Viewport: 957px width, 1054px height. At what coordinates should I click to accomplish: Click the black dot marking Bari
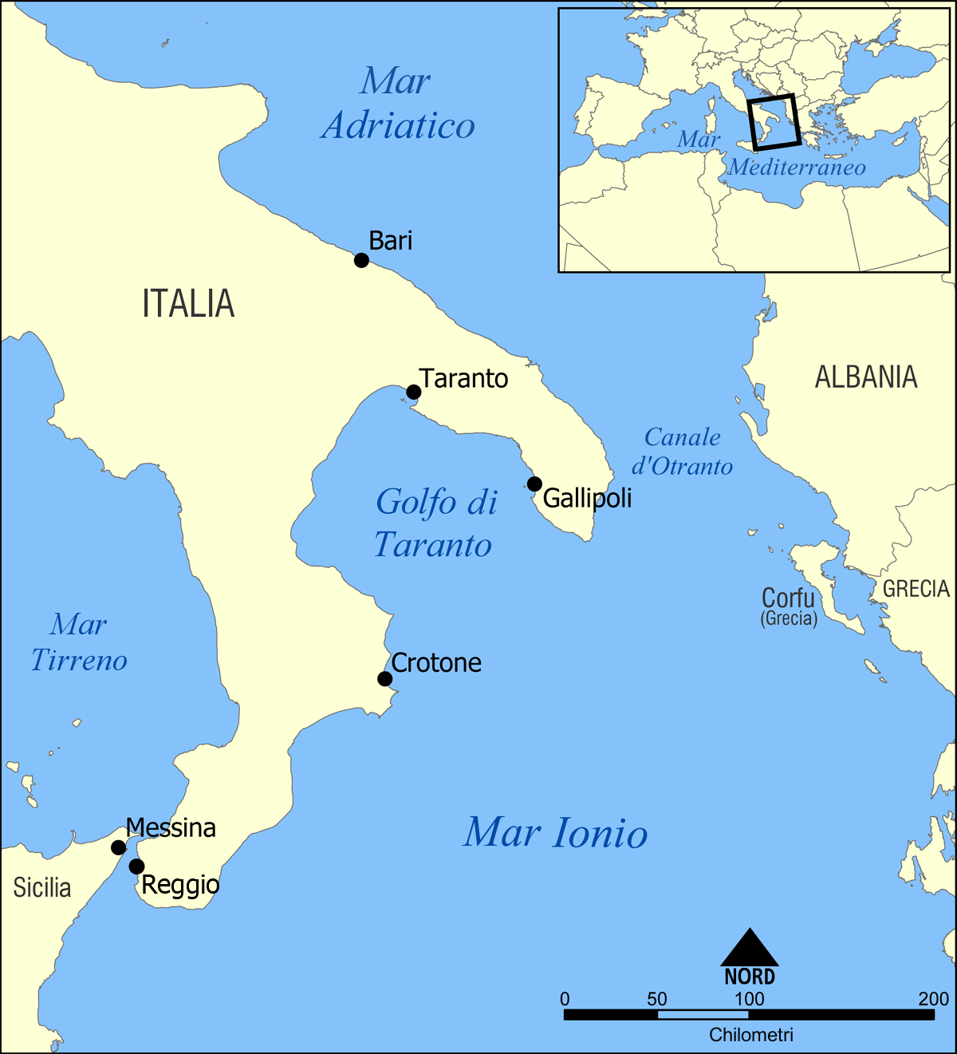361,260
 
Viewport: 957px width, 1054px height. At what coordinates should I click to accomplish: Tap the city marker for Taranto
413,392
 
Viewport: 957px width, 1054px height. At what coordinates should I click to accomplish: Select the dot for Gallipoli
534,484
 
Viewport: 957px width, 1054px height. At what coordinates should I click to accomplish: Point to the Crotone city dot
384,679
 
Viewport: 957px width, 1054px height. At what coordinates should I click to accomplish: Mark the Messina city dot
118,847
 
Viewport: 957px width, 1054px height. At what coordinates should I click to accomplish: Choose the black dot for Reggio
136,866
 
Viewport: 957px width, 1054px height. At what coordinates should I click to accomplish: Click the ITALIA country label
188,304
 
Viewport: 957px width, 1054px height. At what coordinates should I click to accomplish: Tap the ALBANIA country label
866,377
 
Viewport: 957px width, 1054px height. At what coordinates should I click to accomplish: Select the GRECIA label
916,589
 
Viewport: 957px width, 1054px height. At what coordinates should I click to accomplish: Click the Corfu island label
788,598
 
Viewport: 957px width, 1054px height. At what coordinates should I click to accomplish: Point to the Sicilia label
42,887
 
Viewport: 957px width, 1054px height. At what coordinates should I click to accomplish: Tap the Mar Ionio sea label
556,833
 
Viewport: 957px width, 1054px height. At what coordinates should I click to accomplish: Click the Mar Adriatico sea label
398,104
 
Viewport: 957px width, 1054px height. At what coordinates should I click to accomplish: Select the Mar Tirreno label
79,642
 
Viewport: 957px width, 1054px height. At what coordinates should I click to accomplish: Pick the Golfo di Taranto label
435,523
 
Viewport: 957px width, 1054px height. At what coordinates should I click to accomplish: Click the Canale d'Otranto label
682,452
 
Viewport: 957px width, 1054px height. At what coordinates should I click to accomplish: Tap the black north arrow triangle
750,949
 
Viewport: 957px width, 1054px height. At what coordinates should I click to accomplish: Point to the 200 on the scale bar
933,999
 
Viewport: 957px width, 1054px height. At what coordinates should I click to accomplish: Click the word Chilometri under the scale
751,1036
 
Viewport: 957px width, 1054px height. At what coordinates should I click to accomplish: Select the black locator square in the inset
774,122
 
